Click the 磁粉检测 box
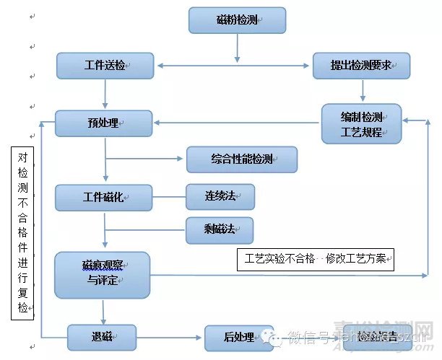[x=237, y=20]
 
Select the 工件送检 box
[x=105, y=66]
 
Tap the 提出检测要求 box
[x=361, y=66]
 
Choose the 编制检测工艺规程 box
[x=361, y=123]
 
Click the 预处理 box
[x=103, y=123]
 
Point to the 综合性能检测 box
[x=242, y=159]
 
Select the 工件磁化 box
[x=103, y=197]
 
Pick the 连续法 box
[x=220, y=196]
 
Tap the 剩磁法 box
[x=220, y=229]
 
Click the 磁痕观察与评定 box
[x=102, y=275]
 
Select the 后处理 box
[x=238, y=336]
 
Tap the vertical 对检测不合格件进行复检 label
[x=24, y=231]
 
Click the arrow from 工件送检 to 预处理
[x=105, y=95]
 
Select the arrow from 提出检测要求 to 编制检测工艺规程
[x=363, y=91]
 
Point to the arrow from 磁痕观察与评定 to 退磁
[x=104, y=311]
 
